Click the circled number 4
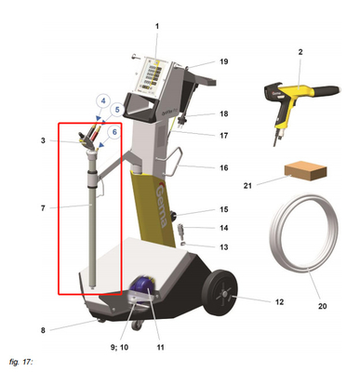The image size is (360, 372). (103, 100)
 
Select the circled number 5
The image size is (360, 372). (117, 110)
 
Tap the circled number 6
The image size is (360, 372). (113, 132)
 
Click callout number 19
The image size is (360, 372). (223, 61)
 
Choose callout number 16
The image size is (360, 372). (223, 168)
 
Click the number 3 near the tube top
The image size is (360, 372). (43, 140)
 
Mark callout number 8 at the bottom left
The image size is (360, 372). (43, 328)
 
